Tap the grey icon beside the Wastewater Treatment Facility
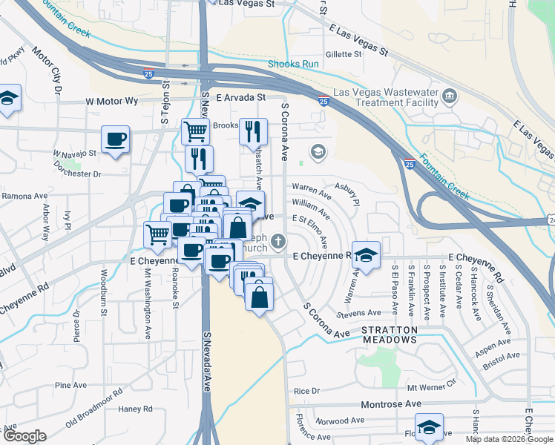pyautogui.click(x=450, y=96)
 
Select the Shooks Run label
pyautogui.click(x=293, y=65)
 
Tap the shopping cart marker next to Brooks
pyautogui.click(x=194, y=131)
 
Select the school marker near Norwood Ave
pyautogui.click(x=429, y=426)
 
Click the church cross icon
pyautogui.click(x=278, y=240)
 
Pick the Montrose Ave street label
pyautogui.click(x=391, y=404)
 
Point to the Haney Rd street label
pyautogui.click(x=135, y=409)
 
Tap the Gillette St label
pyautogui.click(x=343, y=54)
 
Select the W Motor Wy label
pyautogui.click(x=112, y=99)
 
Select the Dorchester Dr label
pyautogui.click(x=76, y=174)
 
